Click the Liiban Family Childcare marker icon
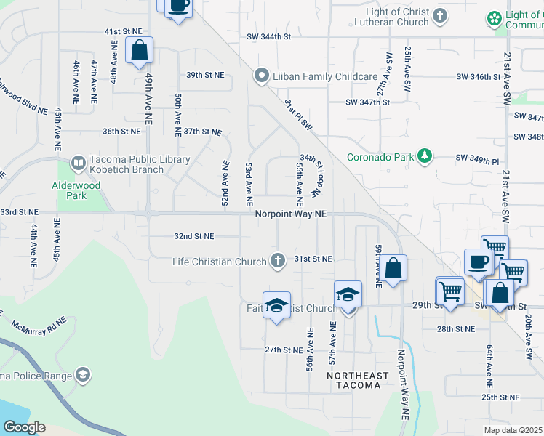(x=260, y=76)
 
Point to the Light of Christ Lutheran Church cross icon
(x=439, y=15)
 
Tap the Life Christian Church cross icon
(x=277, y=260)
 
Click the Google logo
(x=24, y=427)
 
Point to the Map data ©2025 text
(x=512, y=430)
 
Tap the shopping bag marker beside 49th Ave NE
(x=139, y=51)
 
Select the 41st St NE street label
(x=122, y=32)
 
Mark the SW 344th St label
(x=268, y=36)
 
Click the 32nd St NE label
(x=194, y=236)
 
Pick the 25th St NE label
(x=500, y=397)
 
